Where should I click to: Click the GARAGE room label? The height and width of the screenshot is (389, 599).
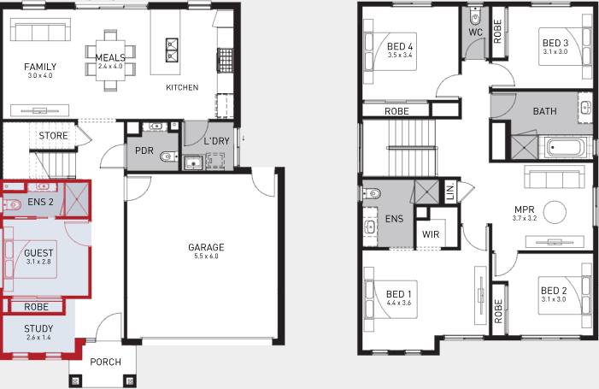pos(206,248)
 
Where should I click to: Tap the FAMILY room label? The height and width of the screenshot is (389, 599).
pos(40,67)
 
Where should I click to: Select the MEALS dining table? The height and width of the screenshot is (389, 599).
pos(109,62)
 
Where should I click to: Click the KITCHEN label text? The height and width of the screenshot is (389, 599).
pos(182,87)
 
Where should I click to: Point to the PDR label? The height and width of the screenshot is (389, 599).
pos(144,150)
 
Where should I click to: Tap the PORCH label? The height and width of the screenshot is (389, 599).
pos(105,362)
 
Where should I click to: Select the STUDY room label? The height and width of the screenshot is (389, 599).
pos(38,327)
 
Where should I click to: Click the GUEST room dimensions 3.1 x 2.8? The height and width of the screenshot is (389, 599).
pos(38,262)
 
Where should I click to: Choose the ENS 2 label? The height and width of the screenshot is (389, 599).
pos(40,202)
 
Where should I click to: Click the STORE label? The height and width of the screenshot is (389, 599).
pos(52,136)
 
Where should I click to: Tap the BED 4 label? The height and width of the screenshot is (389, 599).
pos(400,46)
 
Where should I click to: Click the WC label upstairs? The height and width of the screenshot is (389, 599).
pos(476,33)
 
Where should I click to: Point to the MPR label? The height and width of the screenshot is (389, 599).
pos(524,209)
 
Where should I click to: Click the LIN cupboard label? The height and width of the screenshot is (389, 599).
pos(451,193)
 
